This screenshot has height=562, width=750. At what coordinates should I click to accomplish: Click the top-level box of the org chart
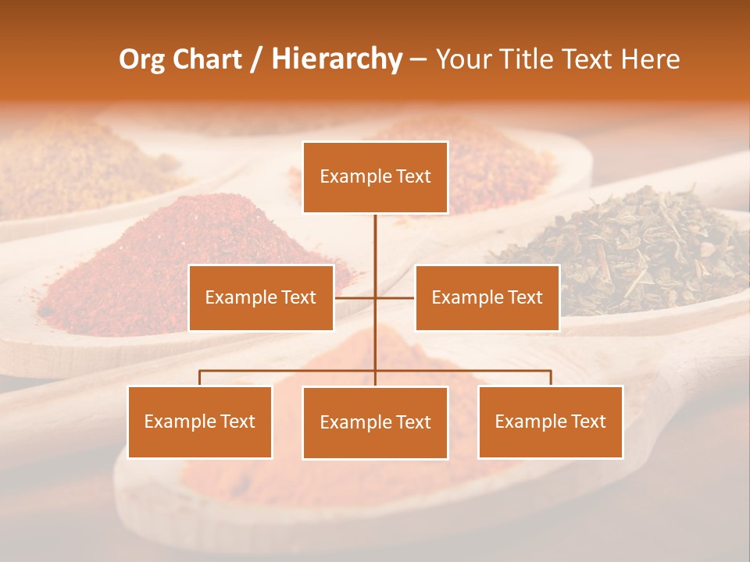pos(375,177)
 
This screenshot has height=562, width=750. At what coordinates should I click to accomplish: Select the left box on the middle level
pos(261,297)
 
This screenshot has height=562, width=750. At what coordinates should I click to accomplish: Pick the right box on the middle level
pos(487,297)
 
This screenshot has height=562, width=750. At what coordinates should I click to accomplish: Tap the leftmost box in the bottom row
pos(200,421)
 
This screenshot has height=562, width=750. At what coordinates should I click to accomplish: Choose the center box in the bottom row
pos(375,422)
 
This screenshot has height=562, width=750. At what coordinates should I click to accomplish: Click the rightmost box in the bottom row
pos(551,421)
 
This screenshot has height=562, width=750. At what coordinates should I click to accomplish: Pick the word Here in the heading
pos(650,59)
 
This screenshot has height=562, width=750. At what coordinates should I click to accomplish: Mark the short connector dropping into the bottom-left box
pos(200,378)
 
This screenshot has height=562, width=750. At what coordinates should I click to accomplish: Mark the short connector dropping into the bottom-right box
pos(551,378)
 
